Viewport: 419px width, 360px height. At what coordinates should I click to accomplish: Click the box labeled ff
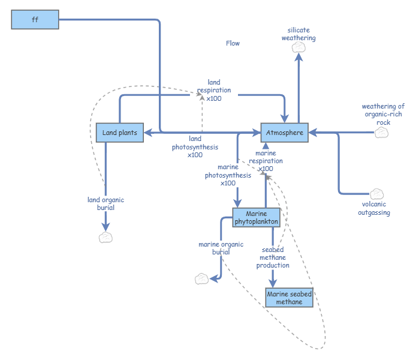(35, 20)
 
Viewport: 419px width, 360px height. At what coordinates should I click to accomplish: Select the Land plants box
(120, 133)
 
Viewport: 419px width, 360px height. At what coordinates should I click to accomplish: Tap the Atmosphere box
(284, 133)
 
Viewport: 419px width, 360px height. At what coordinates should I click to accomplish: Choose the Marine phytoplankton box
(256, 218)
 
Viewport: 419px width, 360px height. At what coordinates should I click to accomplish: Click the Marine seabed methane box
(289, 298)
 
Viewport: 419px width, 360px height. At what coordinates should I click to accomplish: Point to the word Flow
(233, 43)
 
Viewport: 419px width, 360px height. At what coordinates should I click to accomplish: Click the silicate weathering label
(299, 34)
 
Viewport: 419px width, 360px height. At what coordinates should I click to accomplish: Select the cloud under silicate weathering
(299, 49)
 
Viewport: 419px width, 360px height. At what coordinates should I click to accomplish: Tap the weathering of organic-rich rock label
(383, 114)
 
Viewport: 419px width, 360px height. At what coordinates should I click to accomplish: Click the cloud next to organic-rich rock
(382, 132)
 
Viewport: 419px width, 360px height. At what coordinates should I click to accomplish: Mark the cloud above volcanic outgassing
(376, 194)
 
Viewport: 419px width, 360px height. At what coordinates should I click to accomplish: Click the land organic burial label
(105, 204)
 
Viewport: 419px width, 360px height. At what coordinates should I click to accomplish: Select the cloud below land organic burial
(105, 237)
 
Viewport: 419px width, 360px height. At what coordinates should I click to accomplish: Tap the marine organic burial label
(221, 248)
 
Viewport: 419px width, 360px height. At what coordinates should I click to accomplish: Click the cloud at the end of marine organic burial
(202, 278)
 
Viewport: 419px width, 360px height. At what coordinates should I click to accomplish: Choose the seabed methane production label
(273, 257)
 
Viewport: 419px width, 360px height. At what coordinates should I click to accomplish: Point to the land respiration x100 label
(214, 90)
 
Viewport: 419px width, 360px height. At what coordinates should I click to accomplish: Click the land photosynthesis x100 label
(195, 146)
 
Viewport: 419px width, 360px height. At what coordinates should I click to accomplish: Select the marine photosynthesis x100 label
(228, 175)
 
